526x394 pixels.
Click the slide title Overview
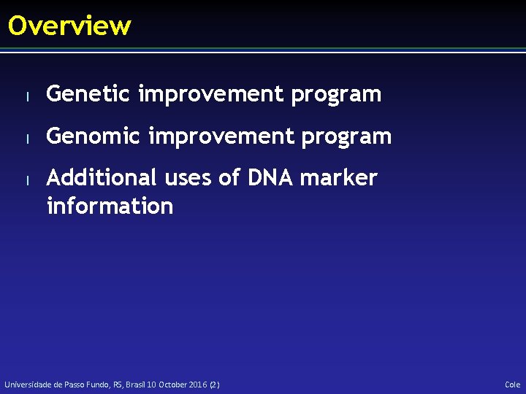[69, 26]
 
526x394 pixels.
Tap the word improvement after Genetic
[211, 94]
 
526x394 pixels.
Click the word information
[110, 206]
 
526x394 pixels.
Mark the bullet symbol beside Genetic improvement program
[26, 96]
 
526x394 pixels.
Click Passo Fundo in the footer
[86, 385]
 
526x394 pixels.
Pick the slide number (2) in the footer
[214, 385]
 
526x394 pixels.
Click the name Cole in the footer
[512, 385]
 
